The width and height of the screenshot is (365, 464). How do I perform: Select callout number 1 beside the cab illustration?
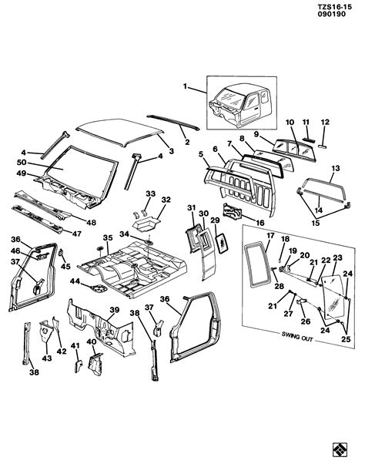coord(185,86)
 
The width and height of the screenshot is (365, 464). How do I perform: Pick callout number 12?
coord(323,123)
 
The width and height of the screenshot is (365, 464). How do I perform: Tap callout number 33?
coord(150,193)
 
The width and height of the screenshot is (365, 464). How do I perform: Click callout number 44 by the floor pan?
coord(75,283)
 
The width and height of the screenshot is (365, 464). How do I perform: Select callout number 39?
coord(114,311)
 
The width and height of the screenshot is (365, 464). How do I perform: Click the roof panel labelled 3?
coord(123,131)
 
